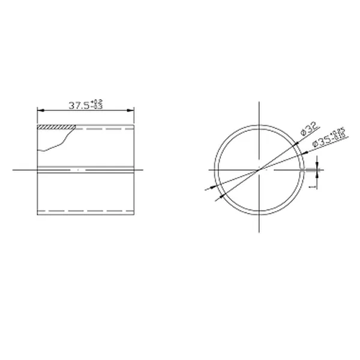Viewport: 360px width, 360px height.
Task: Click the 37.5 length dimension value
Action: point(79,105)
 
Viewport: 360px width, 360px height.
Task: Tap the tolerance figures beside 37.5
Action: point(98,104)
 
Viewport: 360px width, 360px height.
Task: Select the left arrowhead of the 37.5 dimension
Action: point(40,110)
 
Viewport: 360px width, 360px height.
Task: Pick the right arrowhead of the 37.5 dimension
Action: point(131,110)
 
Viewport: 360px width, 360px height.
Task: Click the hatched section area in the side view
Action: point(56,127)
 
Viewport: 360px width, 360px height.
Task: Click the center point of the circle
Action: point(259,170)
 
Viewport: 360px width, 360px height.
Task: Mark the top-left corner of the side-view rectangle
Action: point(37,125)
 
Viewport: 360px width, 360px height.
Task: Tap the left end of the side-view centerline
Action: point(13,170)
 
